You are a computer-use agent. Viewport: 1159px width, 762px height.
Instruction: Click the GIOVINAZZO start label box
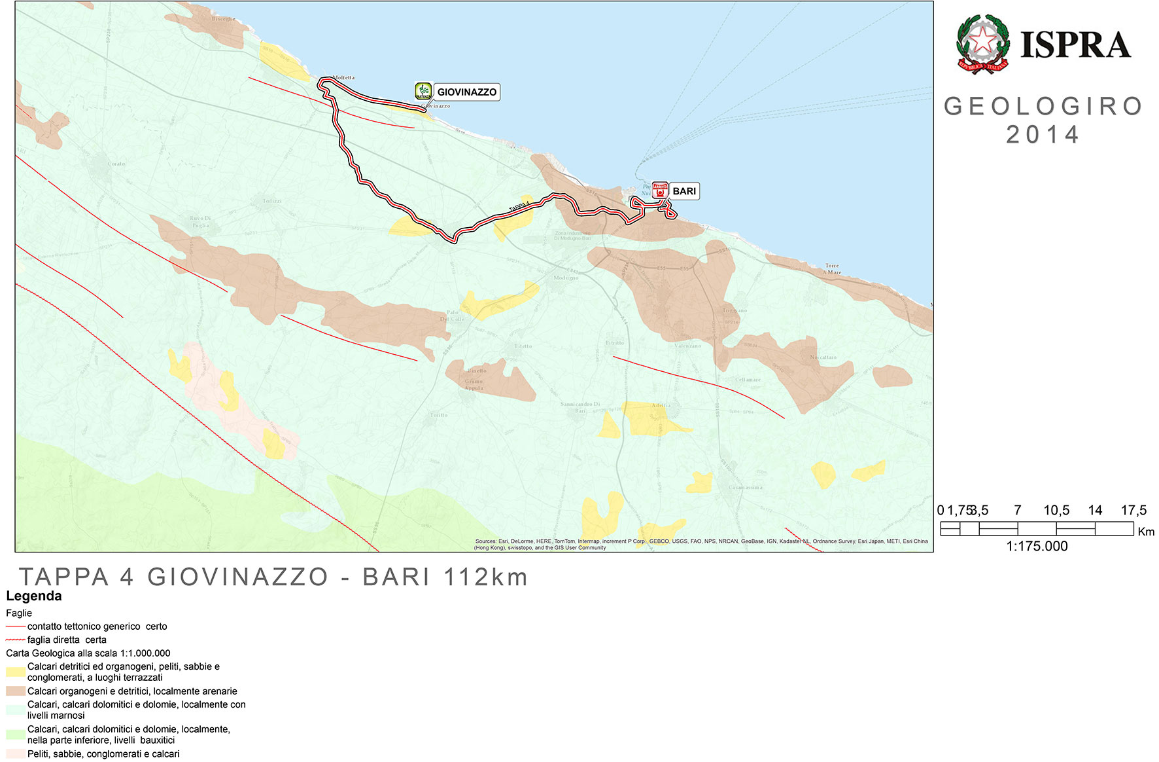(x=466, y=92)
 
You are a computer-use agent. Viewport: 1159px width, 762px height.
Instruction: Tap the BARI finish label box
(x=684, y=191)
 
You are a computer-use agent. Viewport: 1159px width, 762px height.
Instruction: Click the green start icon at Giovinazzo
(x=423, y=91)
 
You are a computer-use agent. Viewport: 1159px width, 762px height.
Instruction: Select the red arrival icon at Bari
(x=660, y=190)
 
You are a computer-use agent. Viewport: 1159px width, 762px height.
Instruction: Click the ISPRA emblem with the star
(x=982, y=45)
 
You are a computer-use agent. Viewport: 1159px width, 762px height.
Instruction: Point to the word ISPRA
(x=1076, y=45)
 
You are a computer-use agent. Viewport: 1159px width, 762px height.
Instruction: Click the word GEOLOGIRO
(x=1043, y=106)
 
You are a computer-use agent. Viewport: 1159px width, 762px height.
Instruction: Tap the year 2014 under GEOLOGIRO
(x=1043, y=135)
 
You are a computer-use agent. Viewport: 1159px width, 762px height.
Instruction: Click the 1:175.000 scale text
(x=1037, y=546)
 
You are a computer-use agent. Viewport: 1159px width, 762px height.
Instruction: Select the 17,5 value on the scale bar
(x=1133, y=510)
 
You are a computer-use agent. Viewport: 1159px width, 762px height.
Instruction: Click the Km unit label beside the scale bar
(x=1146, y=532)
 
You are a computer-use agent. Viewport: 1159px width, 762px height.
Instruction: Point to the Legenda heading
(x=34, y=596)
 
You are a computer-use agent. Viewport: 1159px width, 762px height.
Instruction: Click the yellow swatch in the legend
(x=16, y=672)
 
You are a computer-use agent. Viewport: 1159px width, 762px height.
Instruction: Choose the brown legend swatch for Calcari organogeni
(x=16, y=691)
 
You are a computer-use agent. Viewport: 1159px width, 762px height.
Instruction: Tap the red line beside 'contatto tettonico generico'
(x=16, y=626)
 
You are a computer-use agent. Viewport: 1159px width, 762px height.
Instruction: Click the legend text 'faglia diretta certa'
(x=67, y=640)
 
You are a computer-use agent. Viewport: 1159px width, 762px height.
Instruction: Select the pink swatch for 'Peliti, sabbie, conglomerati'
(x=16, y=753)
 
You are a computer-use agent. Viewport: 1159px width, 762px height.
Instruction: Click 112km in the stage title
(x=485, y=577)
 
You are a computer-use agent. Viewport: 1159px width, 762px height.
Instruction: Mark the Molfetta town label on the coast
(x=343, y=78)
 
